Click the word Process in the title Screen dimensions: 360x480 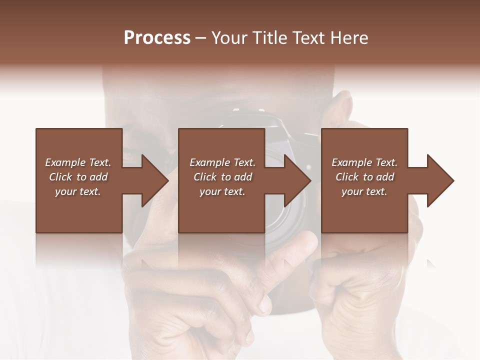click(157, 38)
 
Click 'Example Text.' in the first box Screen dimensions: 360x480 click(78, 162)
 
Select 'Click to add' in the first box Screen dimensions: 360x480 click(78, 177)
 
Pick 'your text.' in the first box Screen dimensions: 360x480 click(78, 191)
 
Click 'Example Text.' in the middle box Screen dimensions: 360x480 click(222, 162)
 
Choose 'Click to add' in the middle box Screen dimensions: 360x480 click(222, 177)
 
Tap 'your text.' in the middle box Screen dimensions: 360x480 click(222, 191)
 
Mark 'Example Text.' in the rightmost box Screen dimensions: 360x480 click(364, 162)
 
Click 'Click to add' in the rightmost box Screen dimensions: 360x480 click(364, 177)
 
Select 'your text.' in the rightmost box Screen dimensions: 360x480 click(364, 191)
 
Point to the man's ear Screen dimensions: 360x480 click(343, 107)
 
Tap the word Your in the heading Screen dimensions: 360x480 click(228, 38)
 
